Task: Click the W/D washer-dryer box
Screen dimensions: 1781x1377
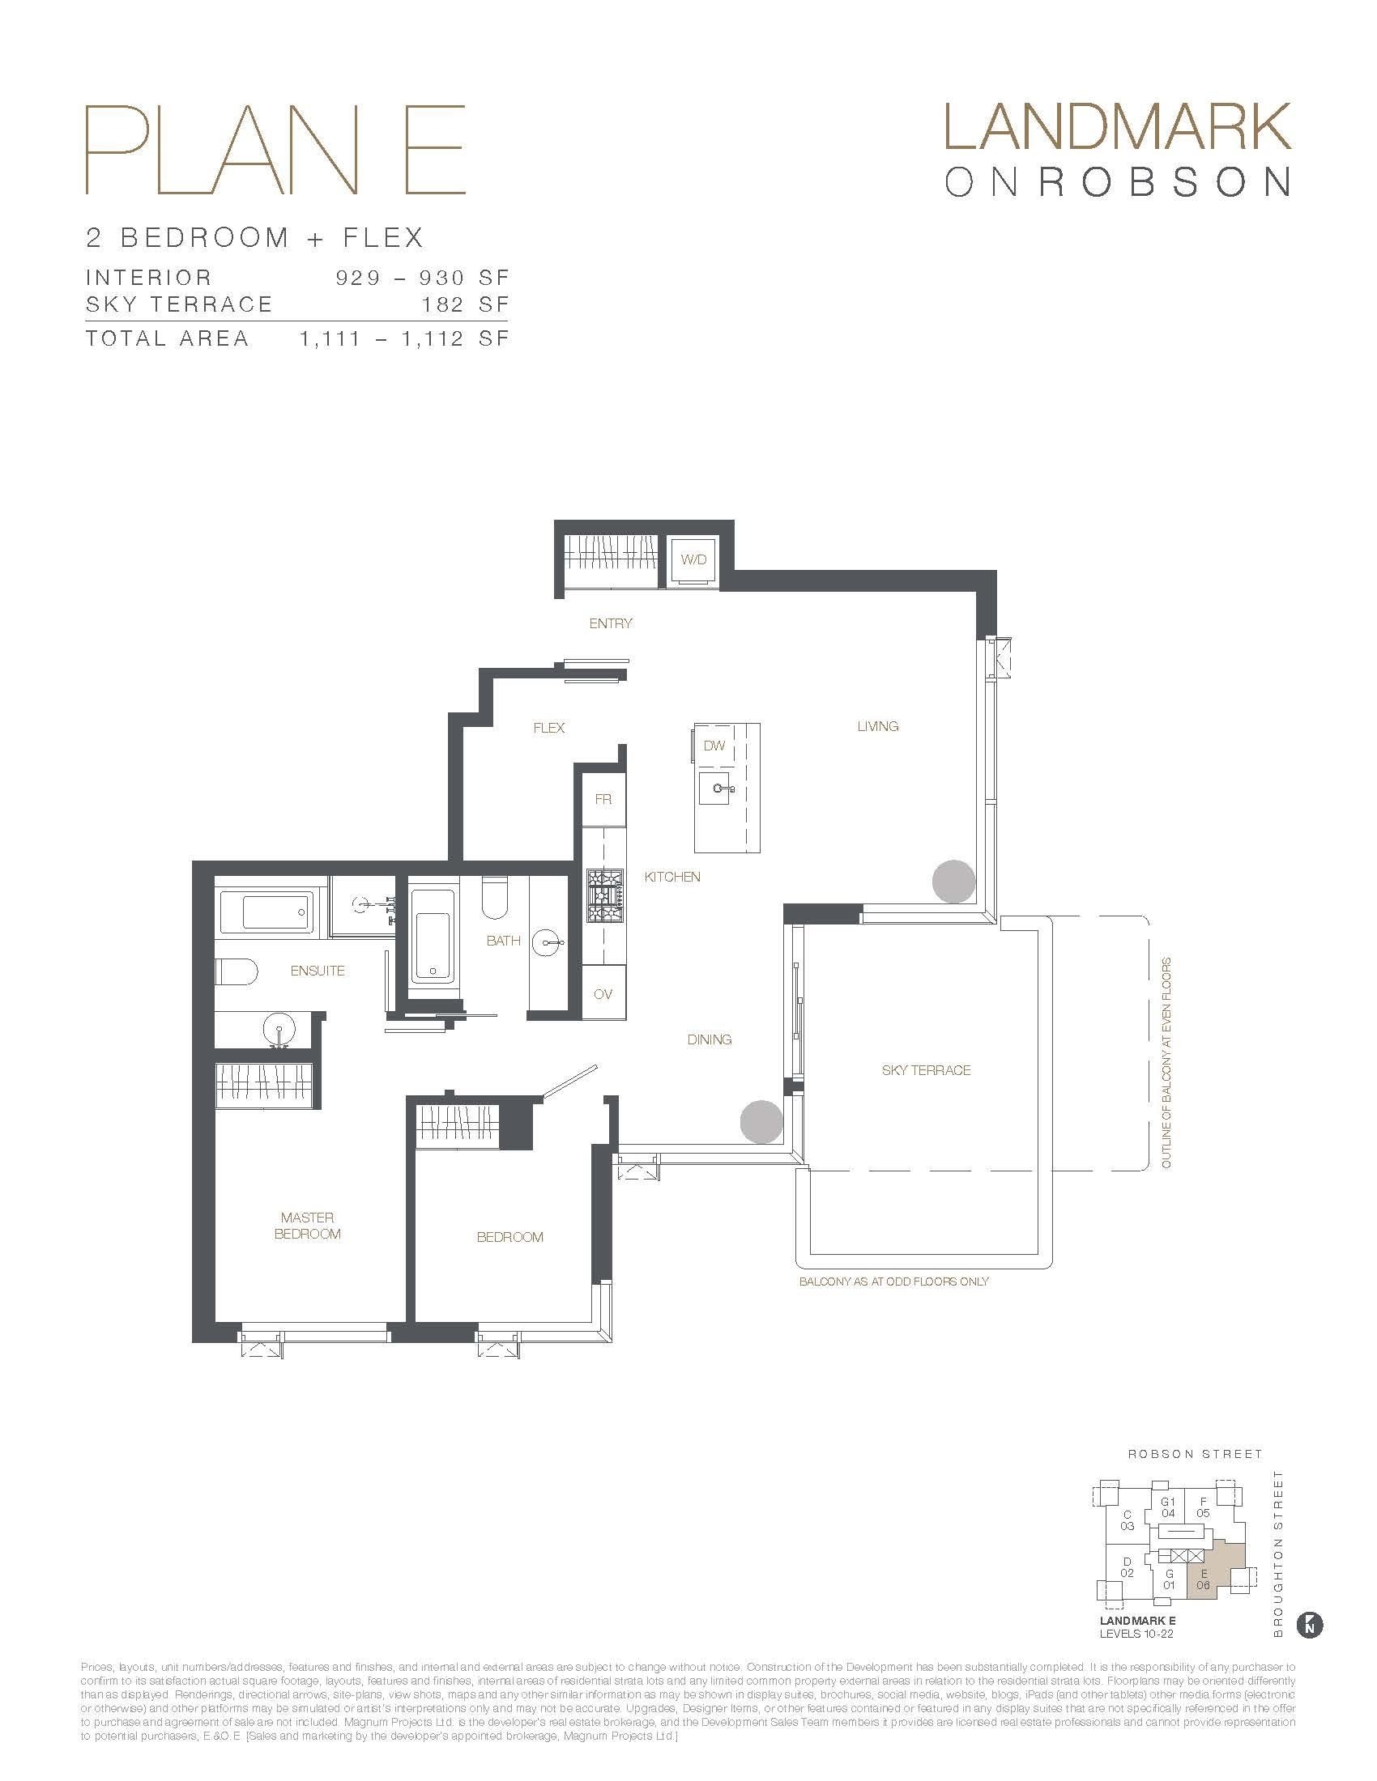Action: [693, 559]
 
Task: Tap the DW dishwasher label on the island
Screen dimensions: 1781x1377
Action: [714, 746]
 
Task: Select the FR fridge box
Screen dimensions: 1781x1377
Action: [603, 799]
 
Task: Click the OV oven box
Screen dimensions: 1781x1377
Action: [603, 994]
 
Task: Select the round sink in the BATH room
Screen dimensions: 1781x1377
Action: [548, 944]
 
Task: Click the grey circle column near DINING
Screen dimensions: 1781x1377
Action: [761, 1121]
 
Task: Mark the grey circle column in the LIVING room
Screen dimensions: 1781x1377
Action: [953, 882]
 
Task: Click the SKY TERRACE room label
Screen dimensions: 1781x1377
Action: [926, 1070]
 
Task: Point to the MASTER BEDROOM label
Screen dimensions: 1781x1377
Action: [308, 1226]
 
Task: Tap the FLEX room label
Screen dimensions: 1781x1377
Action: [548, 728]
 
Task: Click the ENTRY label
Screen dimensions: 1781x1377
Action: [610, 623]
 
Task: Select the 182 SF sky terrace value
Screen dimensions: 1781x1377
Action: [465, 304]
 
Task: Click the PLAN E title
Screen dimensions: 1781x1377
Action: [275, 150]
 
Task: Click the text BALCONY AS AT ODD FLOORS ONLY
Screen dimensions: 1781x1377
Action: [893, 1282]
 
